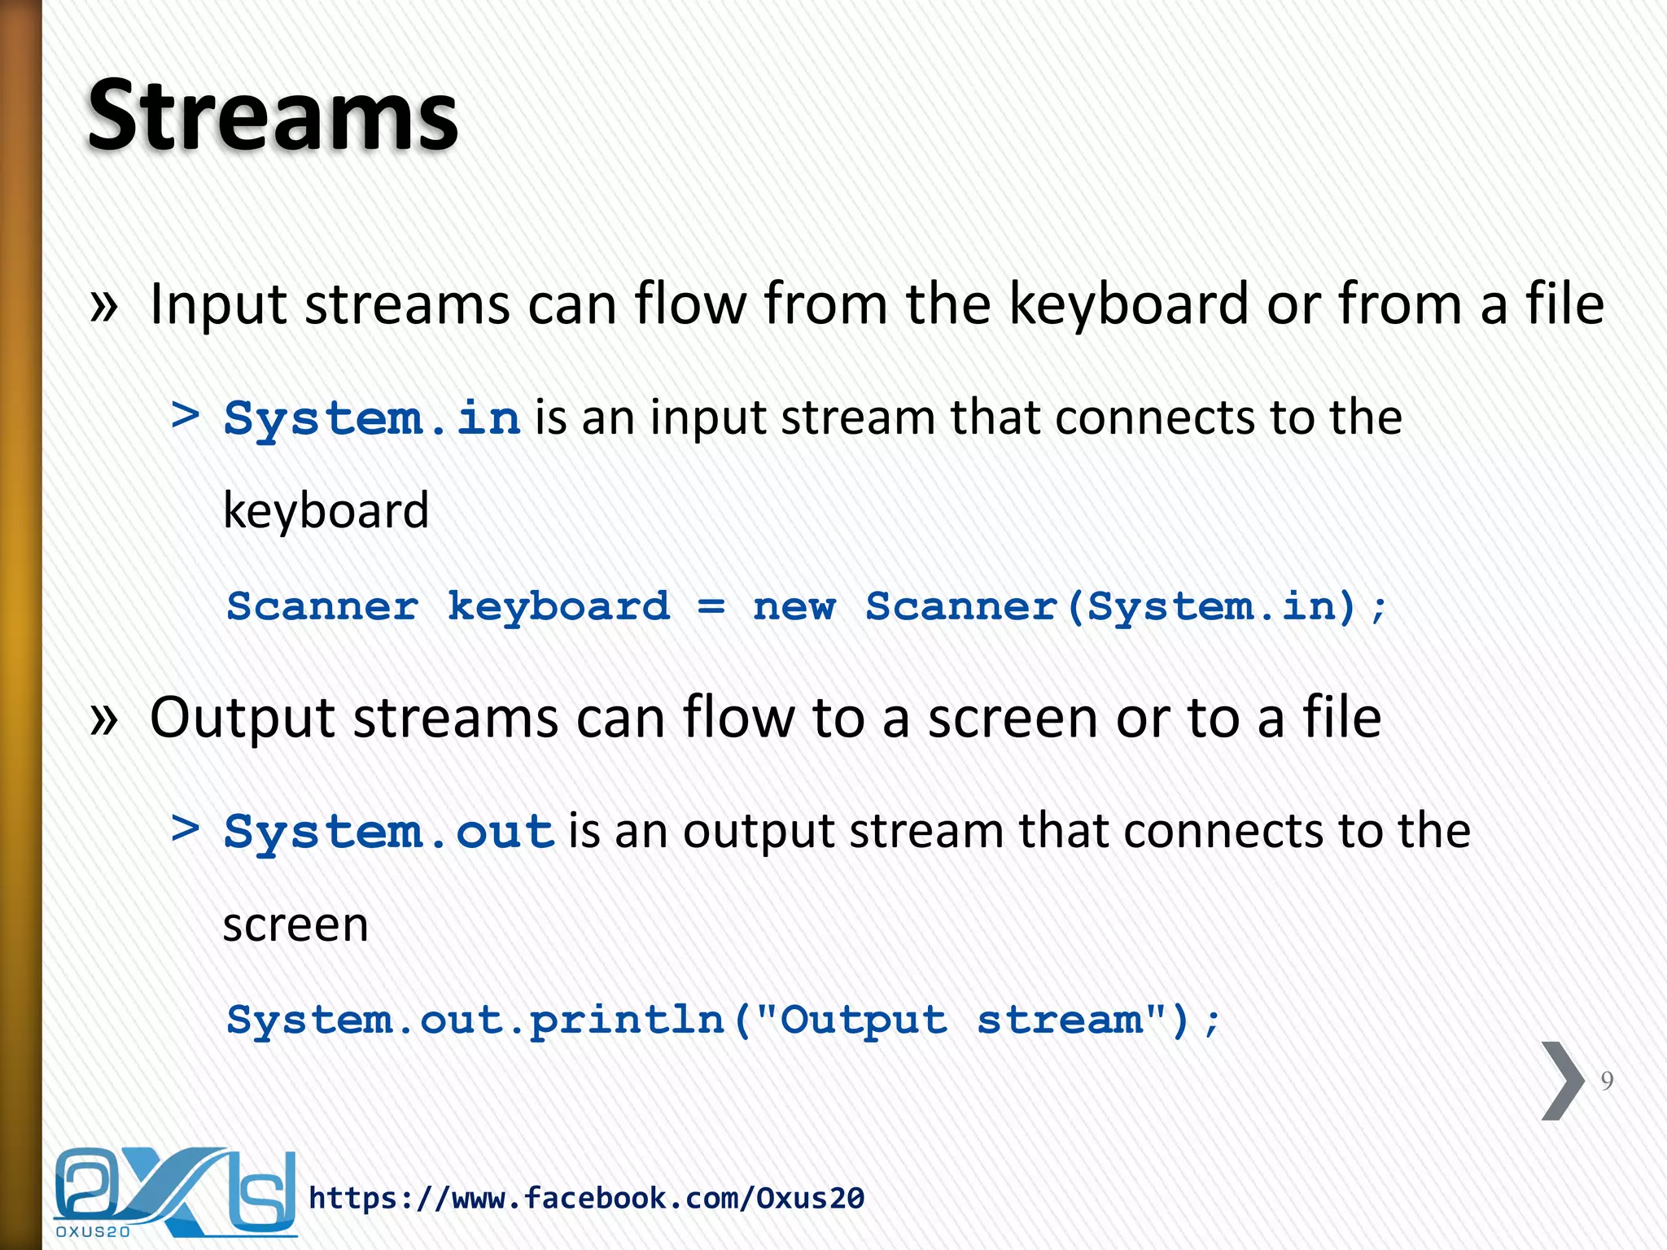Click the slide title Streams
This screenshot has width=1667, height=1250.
(273, 116)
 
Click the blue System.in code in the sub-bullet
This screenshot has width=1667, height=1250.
(372, 418)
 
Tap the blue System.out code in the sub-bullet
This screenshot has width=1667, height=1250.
(389, 832)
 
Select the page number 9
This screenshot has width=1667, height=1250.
(1607, 1081)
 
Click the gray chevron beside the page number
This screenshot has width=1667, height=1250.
(1562, 1081)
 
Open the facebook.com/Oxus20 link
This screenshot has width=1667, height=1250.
(586, 1198)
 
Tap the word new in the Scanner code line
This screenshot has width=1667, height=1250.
(794, 607)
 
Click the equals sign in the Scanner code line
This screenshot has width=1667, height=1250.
(711, 607)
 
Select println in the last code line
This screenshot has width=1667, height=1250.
(627, 1021)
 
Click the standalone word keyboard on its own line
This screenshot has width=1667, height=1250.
(326, 511)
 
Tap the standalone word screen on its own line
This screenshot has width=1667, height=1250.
(295, 924)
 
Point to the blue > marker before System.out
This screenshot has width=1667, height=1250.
(186, 828)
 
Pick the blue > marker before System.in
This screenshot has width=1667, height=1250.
(186, 415)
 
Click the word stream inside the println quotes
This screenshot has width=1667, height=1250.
(1060, 1021)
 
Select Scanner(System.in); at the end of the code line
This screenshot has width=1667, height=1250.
(1125, 607)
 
